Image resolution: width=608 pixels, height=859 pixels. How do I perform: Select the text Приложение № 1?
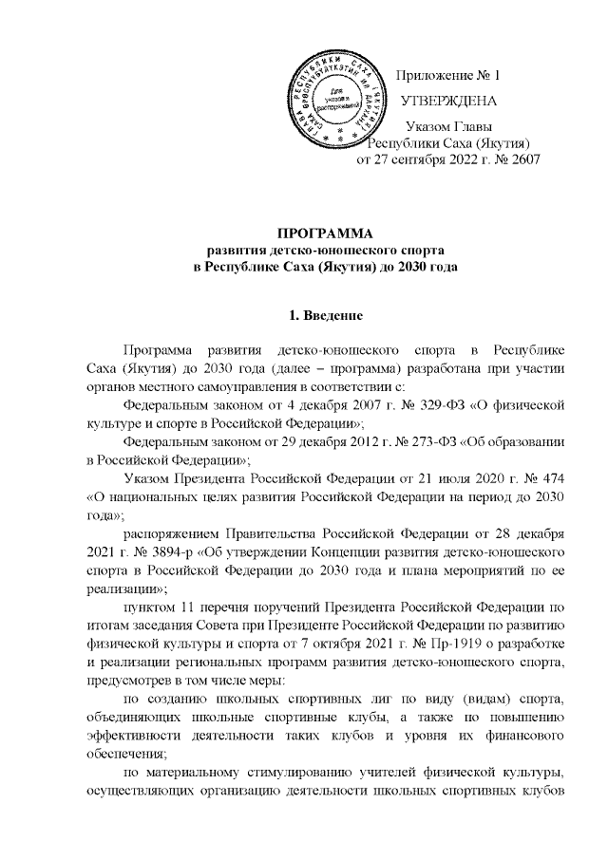(446, 75)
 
